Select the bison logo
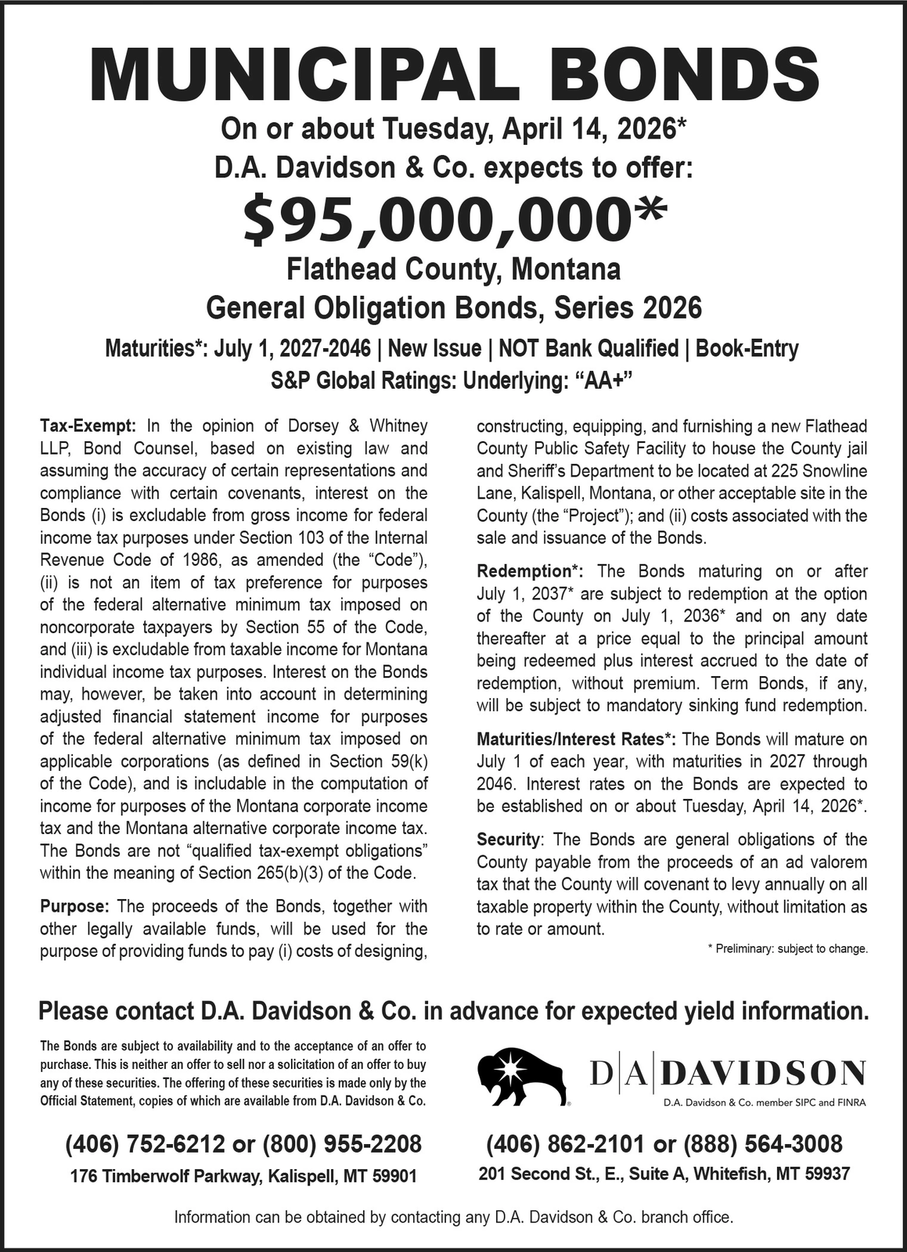click(x=521, y=1077)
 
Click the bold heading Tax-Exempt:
click(x=88, y=426)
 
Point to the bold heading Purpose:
click(x=74, y=907)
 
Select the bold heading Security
click(x=508, y=840)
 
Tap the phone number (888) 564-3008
click(x=763, y=1144)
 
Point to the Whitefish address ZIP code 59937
click(x=828, y=1174)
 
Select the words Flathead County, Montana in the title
click(x=454, y=269)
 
